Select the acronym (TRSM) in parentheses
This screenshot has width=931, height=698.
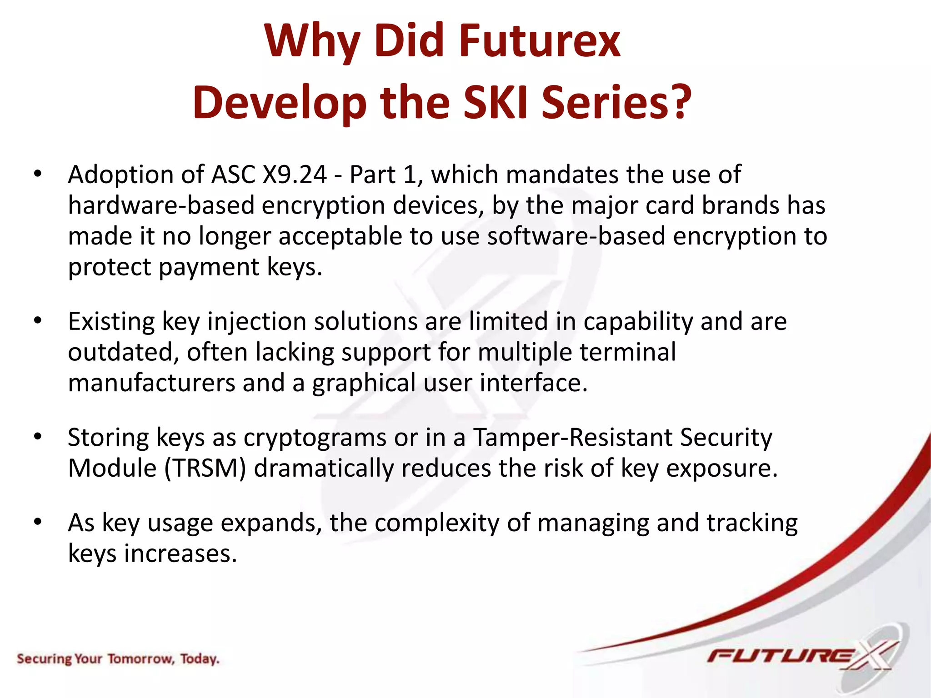tap(205, 469)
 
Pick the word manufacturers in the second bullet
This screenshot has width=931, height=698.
tap(151, 383)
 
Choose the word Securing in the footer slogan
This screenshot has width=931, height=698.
tap(44, 659)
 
